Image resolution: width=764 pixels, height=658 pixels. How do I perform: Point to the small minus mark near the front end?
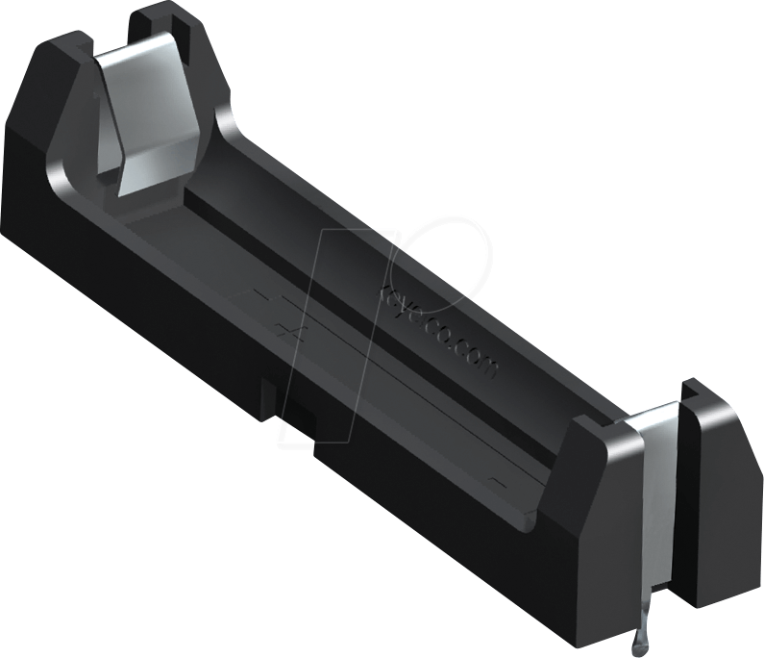496,478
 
